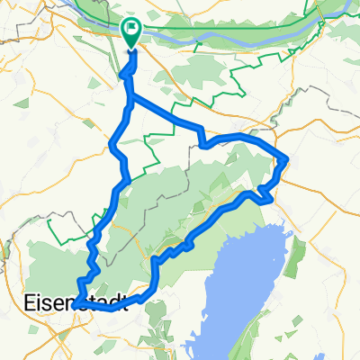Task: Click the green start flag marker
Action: [130, 32]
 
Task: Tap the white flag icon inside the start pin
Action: [131, 30]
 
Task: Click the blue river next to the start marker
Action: [180, 39]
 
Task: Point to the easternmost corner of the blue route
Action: [287, 160]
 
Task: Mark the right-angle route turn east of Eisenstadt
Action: [156, 259]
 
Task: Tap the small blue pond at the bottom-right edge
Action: [346, 346]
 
